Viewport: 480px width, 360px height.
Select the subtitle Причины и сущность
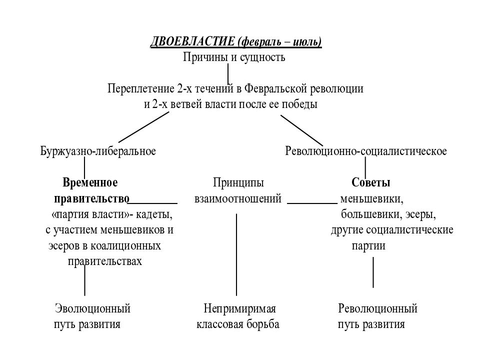pyautogui.click(x=234, y=57)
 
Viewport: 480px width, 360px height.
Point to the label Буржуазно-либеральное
pyautogui.click(x=98, y=151)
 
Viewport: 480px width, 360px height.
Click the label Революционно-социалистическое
pyautogui.click(x=366, y=151)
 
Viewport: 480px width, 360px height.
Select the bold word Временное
pyautogui.click(x=90, y=182)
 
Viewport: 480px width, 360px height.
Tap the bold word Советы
pyautogui.click(x=370, y=182)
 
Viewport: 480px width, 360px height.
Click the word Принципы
pyautogui.click(x=238, y=183)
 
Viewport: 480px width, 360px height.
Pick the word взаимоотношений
pyautogui.click(x=238, y=198)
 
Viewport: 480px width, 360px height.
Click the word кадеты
pyautogui.click(x=154, y=214)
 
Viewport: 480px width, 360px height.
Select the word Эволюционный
pyautogui.click(x=93, y=308)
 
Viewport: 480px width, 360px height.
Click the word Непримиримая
pyautogui.click(x=239, y=308)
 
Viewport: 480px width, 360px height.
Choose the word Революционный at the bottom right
pyautogui.click(x=378, y=308)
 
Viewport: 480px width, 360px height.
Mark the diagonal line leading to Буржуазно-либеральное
pyautogui.click(x=144, y=127)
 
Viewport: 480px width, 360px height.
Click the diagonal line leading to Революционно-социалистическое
pyautogui.click(x=302, y=130)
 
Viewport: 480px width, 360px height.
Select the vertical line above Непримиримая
pyautogui.click(x=236, y=254)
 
